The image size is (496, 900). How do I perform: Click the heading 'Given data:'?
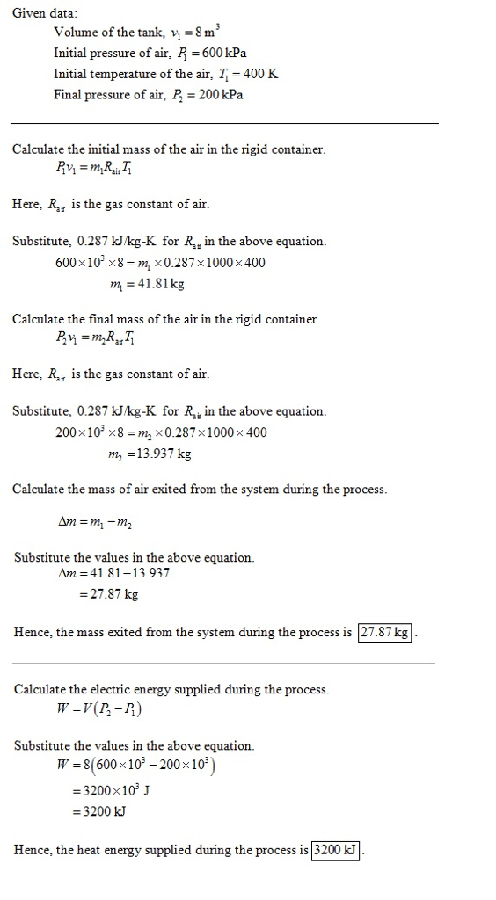(45, 13)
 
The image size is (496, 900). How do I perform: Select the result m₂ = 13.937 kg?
(148, 454)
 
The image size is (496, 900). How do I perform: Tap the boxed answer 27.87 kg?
(384, 633)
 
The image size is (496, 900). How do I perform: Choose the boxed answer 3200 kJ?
(336, 850)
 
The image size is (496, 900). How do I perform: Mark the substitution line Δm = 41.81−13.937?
(113, 573)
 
